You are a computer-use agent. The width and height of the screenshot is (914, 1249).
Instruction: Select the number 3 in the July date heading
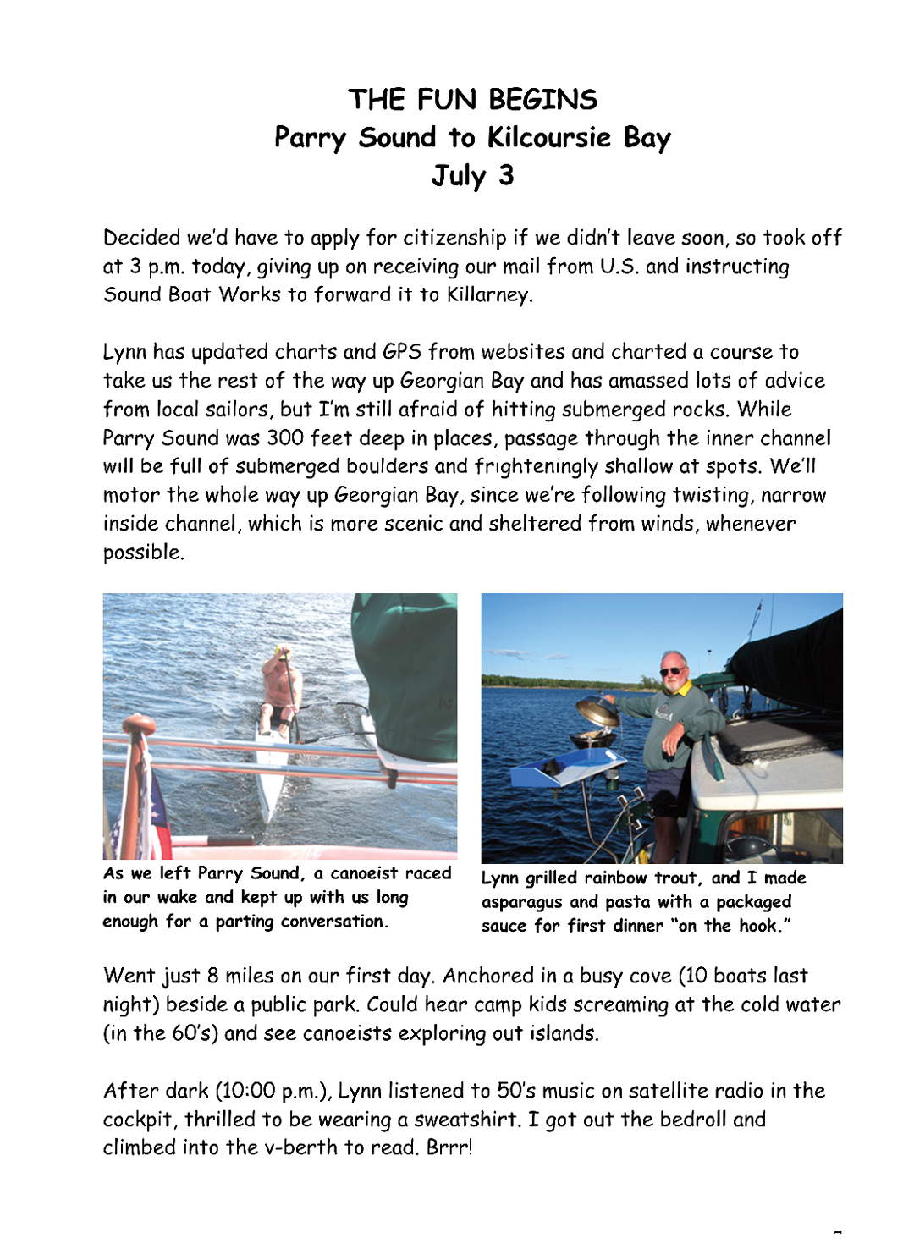[x=505, y=175]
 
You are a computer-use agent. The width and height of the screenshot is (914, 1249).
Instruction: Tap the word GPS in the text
[x=402, y=351]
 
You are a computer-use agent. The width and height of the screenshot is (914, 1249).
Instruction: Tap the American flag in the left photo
[x=145, y=804]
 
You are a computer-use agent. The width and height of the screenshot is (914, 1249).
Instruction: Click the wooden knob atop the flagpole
[x=134, y=726]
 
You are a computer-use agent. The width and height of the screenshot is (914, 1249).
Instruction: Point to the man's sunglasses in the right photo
[x=673, y=671]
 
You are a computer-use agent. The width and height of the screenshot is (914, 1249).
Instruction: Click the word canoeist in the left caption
[x=361, y=873]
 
